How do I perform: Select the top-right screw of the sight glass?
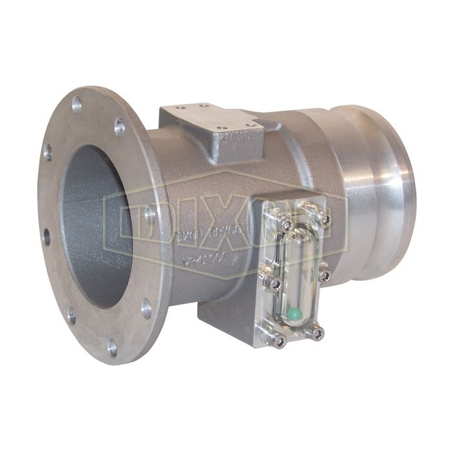click(324, 218)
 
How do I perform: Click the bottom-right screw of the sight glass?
click(318, 333)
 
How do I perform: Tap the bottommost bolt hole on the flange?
click(113, 347)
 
